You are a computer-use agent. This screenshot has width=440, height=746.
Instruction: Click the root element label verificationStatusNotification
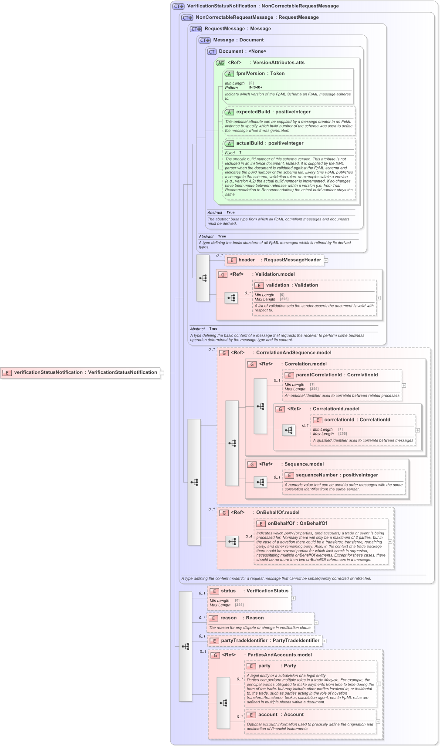coord(48,372)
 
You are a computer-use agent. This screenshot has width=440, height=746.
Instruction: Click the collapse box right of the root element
coord(162,373)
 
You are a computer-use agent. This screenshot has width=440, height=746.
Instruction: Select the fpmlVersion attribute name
coord(250,74)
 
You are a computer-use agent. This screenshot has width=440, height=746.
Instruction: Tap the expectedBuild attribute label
coord(253,112)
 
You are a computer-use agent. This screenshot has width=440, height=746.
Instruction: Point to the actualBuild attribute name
coord(249,143)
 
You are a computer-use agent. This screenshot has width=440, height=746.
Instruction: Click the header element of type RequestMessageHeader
coord(247,260)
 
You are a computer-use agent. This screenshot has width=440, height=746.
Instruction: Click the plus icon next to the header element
coord(326,260)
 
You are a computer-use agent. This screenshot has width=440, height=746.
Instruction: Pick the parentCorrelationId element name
coord(318,375)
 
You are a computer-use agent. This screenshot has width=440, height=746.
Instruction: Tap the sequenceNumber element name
coord(316,475)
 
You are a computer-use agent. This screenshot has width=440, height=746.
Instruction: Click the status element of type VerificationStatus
coord(228,591)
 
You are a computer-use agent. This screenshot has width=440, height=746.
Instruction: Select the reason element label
coord(228,618)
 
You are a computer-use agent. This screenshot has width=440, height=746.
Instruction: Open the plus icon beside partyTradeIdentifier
coord(324,641)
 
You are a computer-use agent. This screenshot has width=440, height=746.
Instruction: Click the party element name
coord(264,666)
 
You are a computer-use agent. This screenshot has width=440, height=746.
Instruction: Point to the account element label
coord(267,715)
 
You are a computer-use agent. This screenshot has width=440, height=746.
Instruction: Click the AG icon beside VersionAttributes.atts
coord(221,63)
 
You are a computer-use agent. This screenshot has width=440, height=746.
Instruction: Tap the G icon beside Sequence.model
coord(252,465)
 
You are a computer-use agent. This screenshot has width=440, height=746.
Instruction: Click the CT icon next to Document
coord(212,52)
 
